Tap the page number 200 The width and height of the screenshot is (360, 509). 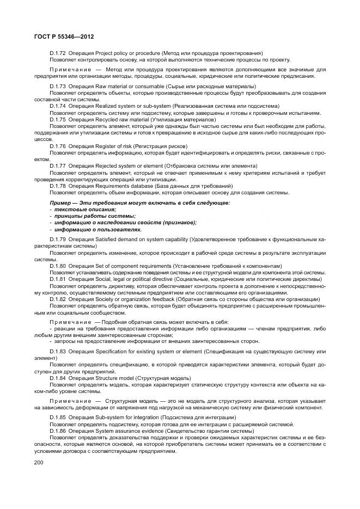tap(39, 462)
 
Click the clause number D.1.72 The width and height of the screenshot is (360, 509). tap(58, 53)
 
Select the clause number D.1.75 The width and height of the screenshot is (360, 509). tap(58, 119)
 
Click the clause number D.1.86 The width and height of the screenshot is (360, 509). tap(58, 431)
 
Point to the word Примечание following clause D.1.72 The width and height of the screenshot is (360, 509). tap(69, 70)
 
